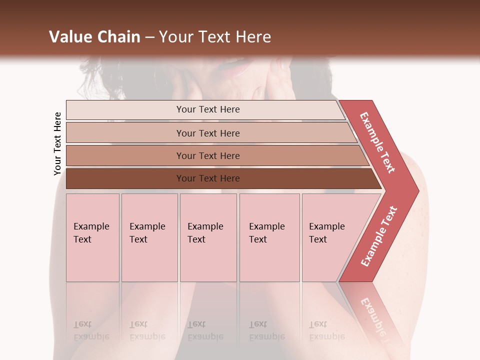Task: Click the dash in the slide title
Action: coord(149,37)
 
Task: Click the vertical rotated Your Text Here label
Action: coord(57,143)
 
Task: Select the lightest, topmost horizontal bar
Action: coord(205,109)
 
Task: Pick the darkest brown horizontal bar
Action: coord(220,178)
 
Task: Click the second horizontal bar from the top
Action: coord(210,133)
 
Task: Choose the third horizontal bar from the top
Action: coord(215,155)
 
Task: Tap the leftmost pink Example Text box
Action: coord(92,237)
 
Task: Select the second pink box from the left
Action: coord(149,237)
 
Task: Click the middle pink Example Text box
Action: coord(208,237)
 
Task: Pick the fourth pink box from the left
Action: coord(269,237)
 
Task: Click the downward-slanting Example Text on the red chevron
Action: coord(377,142)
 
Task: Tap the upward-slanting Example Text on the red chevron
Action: coord(379,236)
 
